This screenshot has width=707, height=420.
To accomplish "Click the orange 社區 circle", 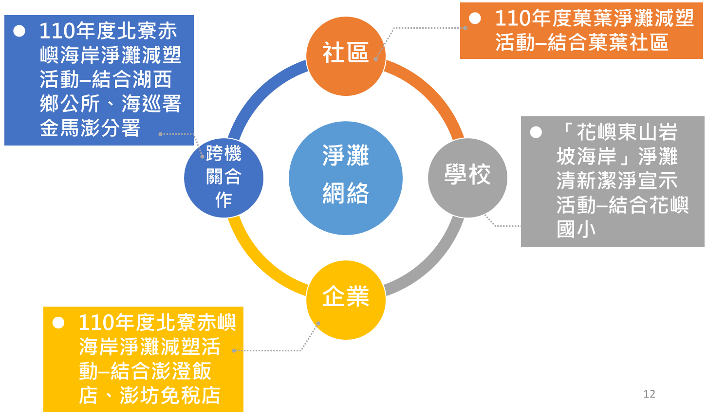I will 346,56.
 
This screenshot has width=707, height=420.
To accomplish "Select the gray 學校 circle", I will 467,178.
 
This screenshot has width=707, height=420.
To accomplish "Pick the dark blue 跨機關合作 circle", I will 223,178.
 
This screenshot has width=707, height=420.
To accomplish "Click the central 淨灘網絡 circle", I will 346,178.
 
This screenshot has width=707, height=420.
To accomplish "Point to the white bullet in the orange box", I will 475,18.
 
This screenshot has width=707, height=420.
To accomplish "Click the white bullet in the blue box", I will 19,31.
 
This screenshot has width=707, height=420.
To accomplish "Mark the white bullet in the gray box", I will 536,132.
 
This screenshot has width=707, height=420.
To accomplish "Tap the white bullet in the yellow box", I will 58,323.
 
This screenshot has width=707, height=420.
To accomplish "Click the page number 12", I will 649,394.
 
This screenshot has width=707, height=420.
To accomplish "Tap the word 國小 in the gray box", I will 577,229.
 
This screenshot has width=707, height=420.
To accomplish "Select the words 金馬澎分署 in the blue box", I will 90,128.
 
